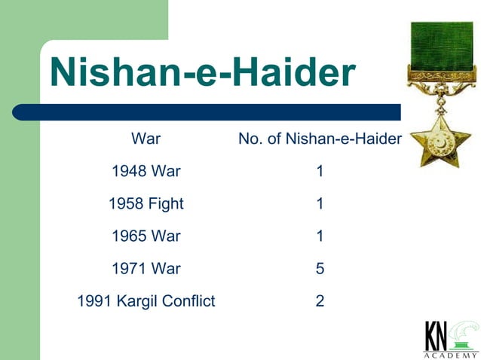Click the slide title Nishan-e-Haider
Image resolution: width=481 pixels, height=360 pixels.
tap(202, 73)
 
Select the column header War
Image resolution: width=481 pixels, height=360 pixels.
tap(146, 139)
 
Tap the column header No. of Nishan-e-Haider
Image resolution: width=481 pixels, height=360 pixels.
tap(320, 139)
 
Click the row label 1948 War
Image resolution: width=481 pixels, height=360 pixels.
tap(146, 171)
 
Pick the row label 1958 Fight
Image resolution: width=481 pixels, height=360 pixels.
tap(146, 203)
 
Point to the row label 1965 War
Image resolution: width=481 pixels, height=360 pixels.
tap(146, 236)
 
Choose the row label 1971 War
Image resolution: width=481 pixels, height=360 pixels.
tap(146, 268)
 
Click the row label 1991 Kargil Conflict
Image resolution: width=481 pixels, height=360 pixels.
tap(146, 301)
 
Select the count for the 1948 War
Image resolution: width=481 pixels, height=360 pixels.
tap(320, 171)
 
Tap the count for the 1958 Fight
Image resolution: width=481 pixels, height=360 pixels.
tap(320, 203)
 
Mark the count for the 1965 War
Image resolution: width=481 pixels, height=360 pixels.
tap(320, 236)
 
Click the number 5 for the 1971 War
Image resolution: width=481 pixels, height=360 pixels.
tap(320, 268)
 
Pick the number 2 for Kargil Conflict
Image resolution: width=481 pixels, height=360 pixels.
tap(320, 301)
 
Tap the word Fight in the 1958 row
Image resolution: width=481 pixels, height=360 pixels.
tap(165, 203)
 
